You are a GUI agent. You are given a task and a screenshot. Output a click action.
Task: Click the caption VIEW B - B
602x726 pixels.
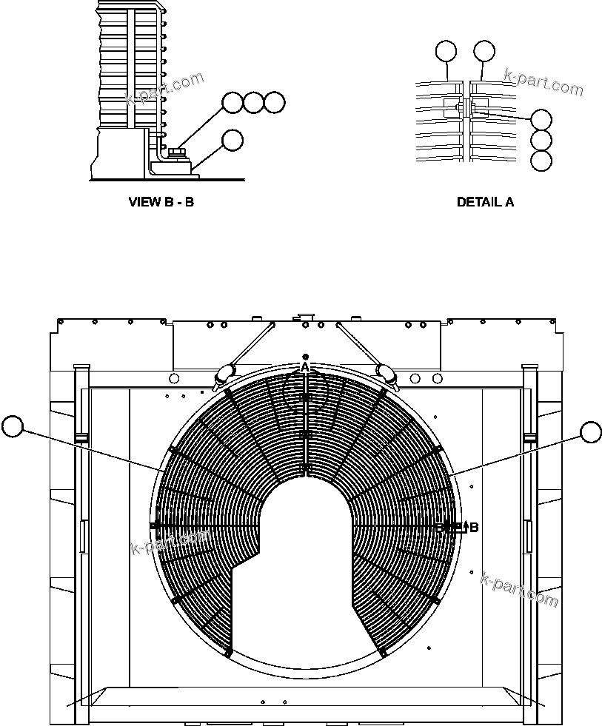[161, 201]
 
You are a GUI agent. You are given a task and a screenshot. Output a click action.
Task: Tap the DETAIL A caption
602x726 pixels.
[485, 201]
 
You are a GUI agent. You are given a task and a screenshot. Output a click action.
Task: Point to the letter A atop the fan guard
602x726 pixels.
[304, 367]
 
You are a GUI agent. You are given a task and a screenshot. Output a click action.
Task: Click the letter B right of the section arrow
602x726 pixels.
[474, 528]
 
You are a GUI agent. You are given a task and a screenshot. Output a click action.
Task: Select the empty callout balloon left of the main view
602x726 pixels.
[13, 426]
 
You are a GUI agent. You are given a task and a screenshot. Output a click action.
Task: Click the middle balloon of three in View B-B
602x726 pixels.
[254, 103]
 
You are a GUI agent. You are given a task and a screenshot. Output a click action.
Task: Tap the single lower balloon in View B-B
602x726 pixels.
[233, 140]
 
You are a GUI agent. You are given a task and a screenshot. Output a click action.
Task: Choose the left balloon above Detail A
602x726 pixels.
[446, 50]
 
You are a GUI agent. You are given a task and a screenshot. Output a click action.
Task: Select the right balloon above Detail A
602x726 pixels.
[484, 50]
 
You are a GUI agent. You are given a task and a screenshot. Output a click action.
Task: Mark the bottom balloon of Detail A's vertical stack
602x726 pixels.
[541, 161]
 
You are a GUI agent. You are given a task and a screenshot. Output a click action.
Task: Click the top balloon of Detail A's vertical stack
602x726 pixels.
[541, 119]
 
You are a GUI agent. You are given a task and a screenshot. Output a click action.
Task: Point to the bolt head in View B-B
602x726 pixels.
[176, 152]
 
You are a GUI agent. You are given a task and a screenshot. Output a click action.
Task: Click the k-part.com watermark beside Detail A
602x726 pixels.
[543, 82]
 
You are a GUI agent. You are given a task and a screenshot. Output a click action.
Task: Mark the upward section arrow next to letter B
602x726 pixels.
[465, 526]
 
